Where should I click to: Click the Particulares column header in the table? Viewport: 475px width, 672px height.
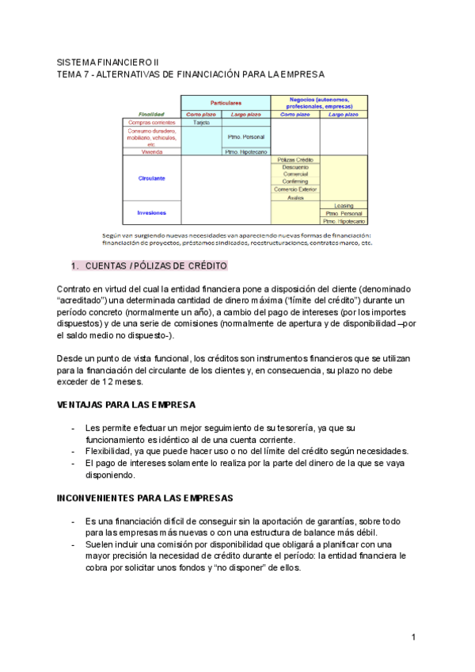(226, 103)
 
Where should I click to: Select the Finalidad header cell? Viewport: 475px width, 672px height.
(152, 114)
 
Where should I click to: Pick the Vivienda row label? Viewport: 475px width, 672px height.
(152, 151)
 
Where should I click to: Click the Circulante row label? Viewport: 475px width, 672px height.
(152, 178)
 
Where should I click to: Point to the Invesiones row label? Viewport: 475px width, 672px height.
(152, 212)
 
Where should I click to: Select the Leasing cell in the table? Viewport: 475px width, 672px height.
(344, 205)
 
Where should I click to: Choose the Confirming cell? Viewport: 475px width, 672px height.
(296, 181)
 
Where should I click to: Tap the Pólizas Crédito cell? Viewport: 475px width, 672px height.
(296, 159)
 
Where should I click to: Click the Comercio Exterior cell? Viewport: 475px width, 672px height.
(296, 189)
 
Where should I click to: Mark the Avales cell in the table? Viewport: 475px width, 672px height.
(296, 197)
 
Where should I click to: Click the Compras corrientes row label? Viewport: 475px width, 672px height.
(152, 123)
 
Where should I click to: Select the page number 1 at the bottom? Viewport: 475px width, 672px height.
(413, 638)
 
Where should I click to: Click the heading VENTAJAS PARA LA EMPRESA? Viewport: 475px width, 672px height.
(126, 404)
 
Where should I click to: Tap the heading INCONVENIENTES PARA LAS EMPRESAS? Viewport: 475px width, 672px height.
(145, 498)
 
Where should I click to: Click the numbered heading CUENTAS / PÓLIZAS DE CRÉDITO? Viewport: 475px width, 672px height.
(155, 265)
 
